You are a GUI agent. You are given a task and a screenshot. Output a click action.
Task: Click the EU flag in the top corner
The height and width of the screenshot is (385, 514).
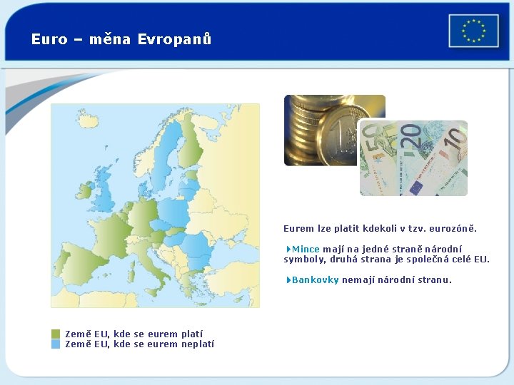(x=473, y=31)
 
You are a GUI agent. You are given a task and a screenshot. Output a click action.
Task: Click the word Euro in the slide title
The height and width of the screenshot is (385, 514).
(x=49, y=39)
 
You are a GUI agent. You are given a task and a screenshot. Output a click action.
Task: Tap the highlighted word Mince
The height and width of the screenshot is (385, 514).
(x=306, y=249)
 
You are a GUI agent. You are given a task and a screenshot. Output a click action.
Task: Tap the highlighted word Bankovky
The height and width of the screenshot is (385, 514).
(x=315, y=279)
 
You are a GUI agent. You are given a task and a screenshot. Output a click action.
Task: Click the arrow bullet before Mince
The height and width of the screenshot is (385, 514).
(x=288, y=249)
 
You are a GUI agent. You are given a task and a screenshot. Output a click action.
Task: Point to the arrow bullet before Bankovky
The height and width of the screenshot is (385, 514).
(x=288, y=279)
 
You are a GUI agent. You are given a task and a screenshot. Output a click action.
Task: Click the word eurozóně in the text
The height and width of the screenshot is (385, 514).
(x=452, y=229)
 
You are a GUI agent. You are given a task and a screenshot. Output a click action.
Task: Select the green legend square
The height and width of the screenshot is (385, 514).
(x=56, y=334)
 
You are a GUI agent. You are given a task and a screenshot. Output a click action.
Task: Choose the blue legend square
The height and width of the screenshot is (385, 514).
(x=56, y=344)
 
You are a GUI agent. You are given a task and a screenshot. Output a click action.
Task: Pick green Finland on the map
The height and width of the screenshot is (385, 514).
(x=188, y=143)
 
